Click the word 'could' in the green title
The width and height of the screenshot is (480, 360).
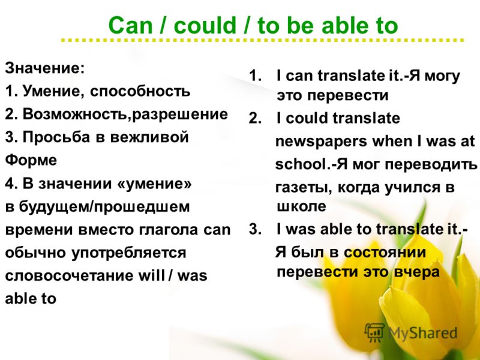[205, 25]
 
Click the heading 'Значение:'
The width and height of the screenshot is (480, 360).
[44, 68]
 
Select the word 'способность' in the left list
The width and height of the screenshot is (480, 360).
[140, 92]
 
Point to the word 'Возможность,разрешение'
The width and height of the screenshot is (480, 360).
[125, 115]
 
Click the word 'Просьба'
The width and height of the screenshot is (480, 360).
[56, 137]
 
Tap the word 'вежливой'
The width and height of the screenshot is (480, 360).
[149, 137]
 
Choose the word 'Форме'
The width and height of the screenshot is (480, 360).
[31, 160]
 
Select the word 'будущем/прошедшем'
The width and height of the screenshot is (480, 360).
[104, 207]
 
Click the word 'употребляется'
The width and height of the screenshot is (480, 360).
[128, 253]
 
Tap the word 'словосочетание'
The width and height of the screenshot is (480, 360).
[69, 275]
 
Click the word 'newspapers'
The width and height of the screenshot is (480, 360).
[321, 142]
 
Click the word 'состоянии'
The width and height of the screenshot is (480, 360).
[385, 253]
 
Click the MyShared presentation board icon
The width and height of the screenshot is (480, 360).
[374, 332]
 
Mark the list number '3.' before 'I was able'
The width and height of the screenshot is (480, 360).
[254, 229]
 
